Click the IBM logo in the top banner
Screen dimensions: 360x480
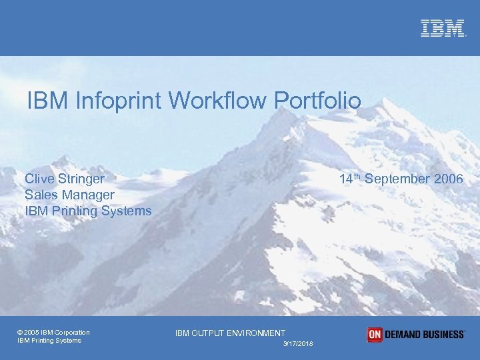(442, 28)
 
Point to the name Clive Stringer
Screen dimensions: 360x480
(64, 179)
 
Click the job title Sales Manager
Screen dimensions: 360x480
(69, 195)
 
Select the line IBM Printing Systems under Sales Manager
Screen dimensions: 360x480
(88, 211)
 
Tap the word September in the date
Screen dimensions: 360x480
(397, 179)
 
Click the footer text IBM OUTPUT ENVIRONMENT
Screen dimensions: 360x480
(230, 333)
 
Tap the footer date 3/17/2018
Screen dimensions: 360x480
(298, 343)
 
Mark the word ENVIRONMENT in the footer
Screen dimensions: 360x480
(256, 333)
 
